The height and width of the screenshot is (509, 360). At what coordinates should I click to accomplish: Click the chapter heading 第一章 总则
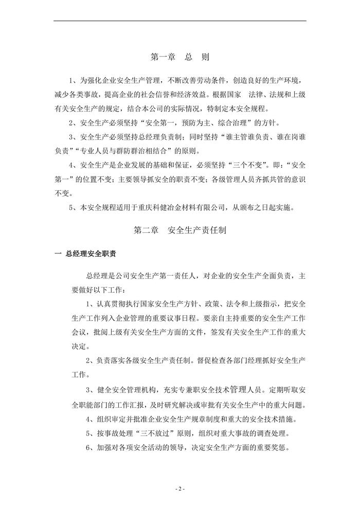click(180, 56)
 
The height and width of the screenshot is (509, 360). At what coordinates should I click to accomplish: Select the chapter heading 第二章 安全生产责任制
click(179, 231)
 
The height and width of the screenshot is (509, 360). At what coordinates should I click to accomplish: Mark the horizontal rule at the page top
click(179, 21)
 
